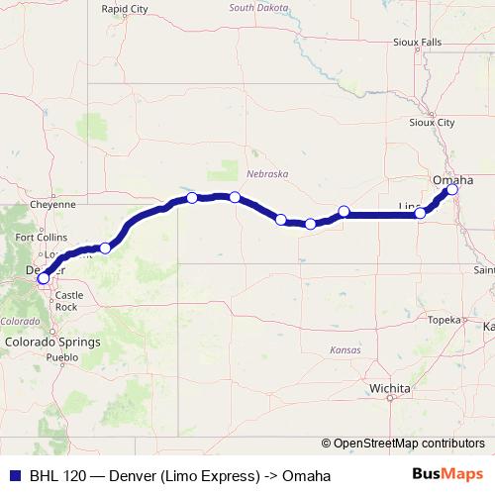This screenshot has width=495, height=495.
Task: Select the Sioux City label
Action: point(432,123)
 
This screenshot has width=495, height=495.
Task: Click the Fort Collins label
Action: point(41,238)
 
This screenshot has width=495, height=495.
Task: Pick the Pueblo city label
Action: point(61,356)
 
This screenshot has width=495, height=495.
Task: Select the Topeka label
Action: point(444,320)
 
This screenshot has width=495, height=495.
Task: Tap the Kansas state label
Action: point(346,349)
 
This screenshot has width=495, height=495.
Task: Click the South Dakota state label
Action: point(258,7)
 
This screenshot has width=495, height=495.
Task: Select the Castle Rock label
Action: point(67,301)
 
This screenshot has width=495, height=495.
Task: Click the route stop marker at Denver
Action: point(43,278)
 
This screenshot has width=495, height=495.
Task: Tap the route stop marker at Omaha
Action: point(452,188)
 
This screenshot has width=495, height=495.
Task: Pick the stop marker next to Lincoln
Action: point(420,213)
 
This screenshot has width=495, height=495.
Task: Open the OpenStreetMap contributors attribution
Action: point(408,444)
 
